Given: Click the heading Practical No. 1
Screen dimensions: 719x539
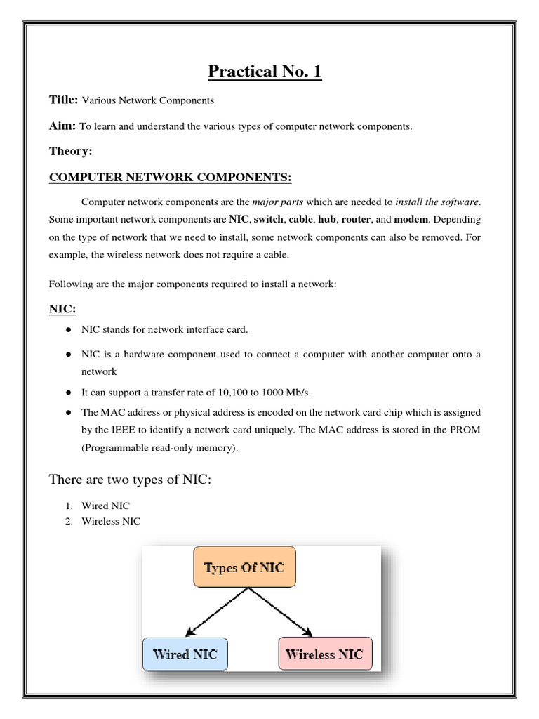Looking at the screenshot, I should tap(265, 72).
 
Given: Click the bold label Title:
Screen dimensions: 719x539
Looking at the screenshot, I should tap(64, 100).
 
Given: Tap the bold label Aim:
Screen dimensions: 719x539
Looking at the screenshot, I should tap(62, 126).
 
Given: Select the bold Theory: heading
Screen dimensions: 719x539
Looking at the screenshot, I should tap(71, 151).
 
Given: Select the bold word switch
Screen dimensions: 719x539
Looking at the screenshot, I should tap(269, 220).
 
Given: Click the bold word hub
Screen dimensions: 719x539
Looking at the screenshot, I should tap(327, 220).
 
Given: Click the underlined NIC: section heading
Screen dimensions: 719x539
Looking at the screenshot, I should tap(62, 309).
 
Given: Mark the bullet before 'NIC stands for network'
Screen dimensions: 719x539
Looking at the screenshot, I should tap(69, 329).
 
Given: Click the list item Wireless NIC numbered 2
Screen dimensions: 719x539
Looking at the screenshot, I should tap(111, 521).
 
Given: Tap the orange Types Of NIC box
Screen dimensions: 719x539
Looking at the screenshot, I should tap(244, 567).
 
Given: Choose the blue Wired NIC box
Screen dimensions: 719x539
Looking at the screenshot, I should tap(185, 654).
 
